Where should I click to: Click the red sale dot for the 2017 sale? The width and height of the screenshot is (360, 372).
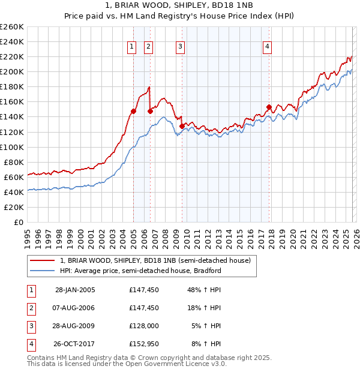pyautogui.click(x=269, y=107)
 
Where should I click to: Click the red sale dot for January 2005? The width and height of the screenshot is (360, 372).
pyautogui.click(x=134, y=111)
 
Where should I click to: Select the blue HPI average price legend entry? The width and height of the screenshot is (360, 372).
pyautogui.click(x=140, y=271)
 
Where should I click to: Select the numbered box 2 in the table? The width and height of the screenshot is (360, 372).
pyautogui.click(x=31, y=308)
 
